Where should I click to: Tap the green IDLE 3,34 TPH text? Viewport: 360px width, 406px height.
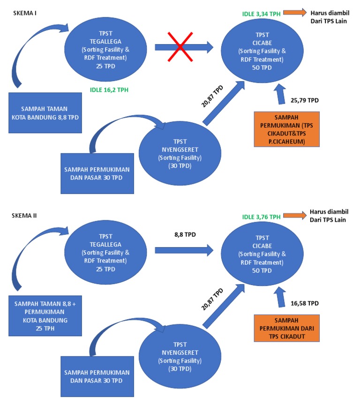261,14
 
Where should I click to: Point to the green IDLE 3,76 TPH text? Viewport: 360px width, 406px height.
262,217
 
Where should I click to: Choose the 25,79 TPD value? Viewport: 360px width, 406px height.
305,100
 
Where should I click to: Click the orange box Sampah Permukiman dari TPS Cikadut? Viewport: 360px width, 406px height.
286,328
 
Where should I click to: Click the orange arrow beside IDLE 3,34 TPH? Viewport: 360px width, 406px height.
293,14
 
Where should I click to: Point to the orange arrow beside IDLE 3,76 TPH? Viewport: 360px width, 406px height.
293,217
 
